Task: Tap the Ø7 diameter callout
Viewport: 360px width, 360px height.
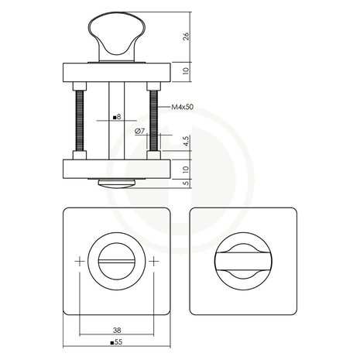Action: (x=139, y=131)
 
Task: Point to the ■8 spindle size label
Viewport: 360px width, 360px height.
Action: (x=115, y=118)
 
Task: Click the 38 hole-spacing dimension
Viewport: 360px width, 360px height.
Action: (x=116, y=327)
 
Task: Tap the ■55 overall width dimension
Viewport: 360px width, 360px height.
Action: (x=116, y=341)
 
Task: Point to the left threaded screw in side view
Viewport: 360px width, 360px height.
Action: (x=77, y=119)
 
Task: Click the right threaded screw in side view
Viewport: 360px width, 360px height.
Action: (x=155, y=119)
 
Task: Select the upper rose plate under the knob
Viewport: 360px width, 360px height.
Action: (x=116, y=70)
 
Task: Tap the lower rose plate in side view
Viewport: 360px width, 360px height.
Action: (x=116, y=167)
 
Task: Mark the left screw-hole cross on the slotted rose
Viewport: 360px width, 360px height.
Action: (x=79, y=262)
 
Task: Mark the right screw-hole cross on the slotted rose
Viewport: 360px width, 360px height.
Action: (x=153, y=262)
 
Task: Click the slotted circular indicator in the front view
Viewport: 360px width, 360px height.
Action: (x=116, y=262)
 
